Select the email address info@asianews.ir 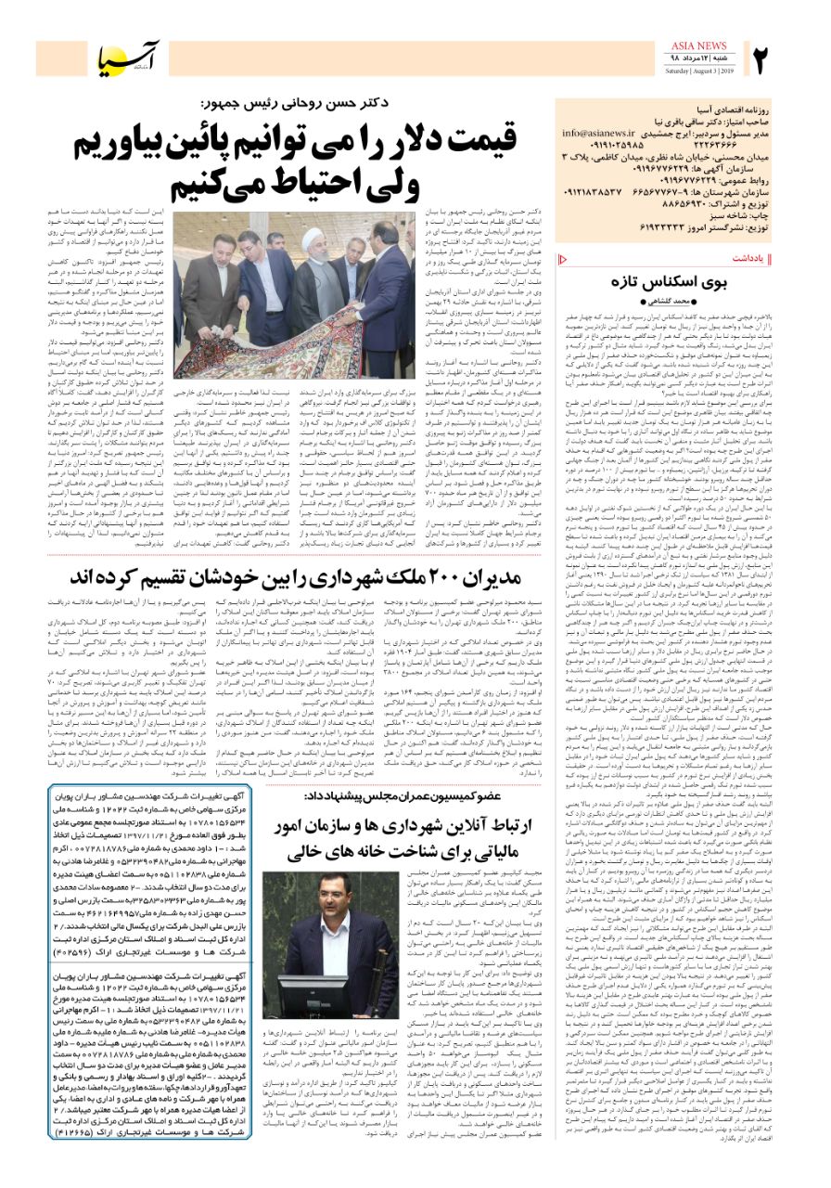coord(602,133)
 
